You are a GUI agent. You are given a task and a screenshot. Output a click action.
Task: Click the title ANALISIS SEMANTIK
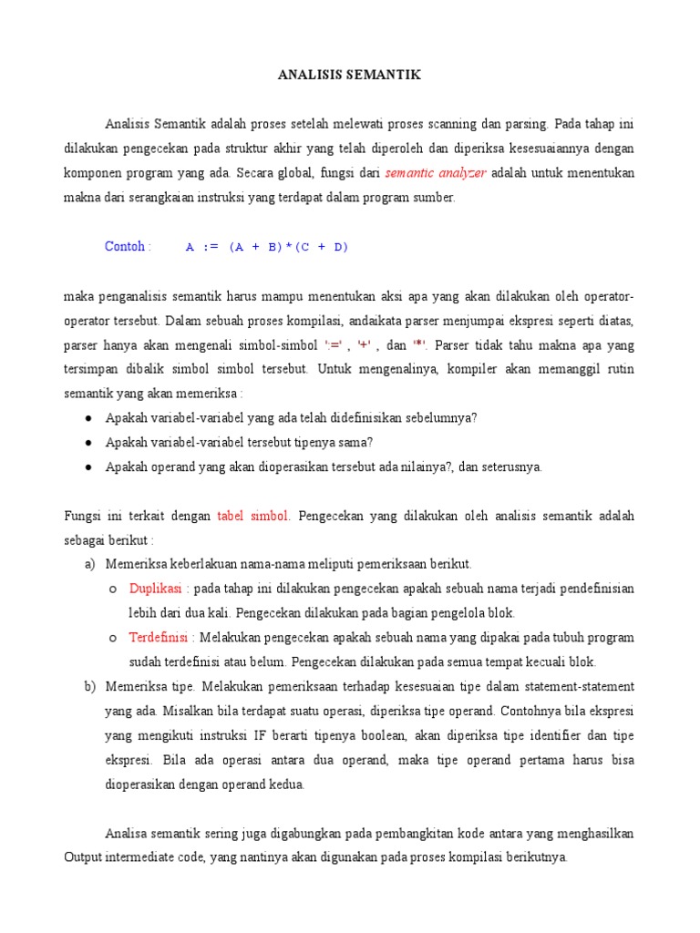click(x=350, y=76)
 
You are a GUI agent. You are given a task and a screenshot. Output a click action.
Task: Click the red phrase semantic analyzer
click(x=436, y=172)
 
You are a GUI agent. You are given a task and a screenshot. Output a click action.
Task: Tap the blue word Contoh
click(x=126, y=246)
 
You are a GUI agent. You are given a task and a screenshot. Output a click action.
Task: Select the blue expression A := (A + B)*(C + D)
click(x=266, y=246)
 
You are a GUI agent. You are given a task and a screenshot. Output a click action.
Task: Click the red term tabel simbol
click(x=252, y=516)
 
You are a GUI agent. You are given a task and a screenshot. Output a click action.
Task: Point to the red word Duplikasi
click(x=155, y=588)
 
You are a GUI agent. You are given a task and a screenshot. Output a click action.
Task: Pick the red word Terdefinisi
click(x=160, y=637)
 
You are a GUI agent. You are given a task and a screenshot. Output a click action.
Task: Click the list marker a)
click(x=89, y=564)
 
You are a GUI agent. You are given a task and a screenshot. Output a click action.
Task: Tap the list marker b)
click(x=89, y=686)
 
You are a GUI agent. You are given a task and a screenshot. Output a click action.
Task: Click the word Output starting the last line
click(x=85, y=857)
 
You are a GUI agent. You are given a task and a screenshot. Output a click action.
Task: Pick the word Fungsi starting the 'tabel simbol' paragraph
click(x=83, y=516)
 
